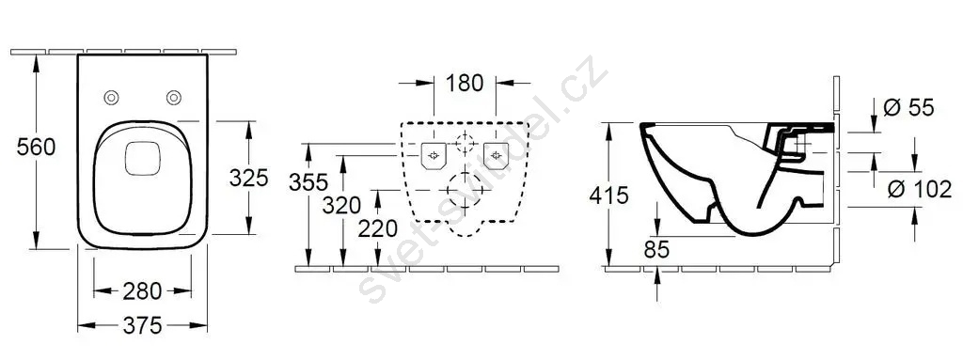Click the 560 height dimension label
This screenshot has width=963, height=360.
[37, 148]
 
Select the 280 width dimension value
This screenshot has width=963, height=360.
[143, 291]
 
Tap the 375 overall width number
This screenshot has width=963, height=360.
[143, 325]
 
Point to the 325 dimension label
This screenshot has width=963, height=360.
[248, 178]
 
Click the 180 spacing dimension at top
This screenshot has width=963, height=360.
[465, 83]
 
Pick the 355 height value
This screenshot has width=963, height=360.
[308, 182]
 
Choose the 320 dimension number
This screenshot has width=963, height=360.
[341, 205]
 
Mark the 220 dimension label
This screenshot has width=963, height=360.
[378, 228]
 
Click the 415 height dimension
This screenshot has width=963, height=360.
[608, 196]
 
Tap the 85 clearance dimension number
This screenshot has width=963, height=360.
[656, 249]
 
